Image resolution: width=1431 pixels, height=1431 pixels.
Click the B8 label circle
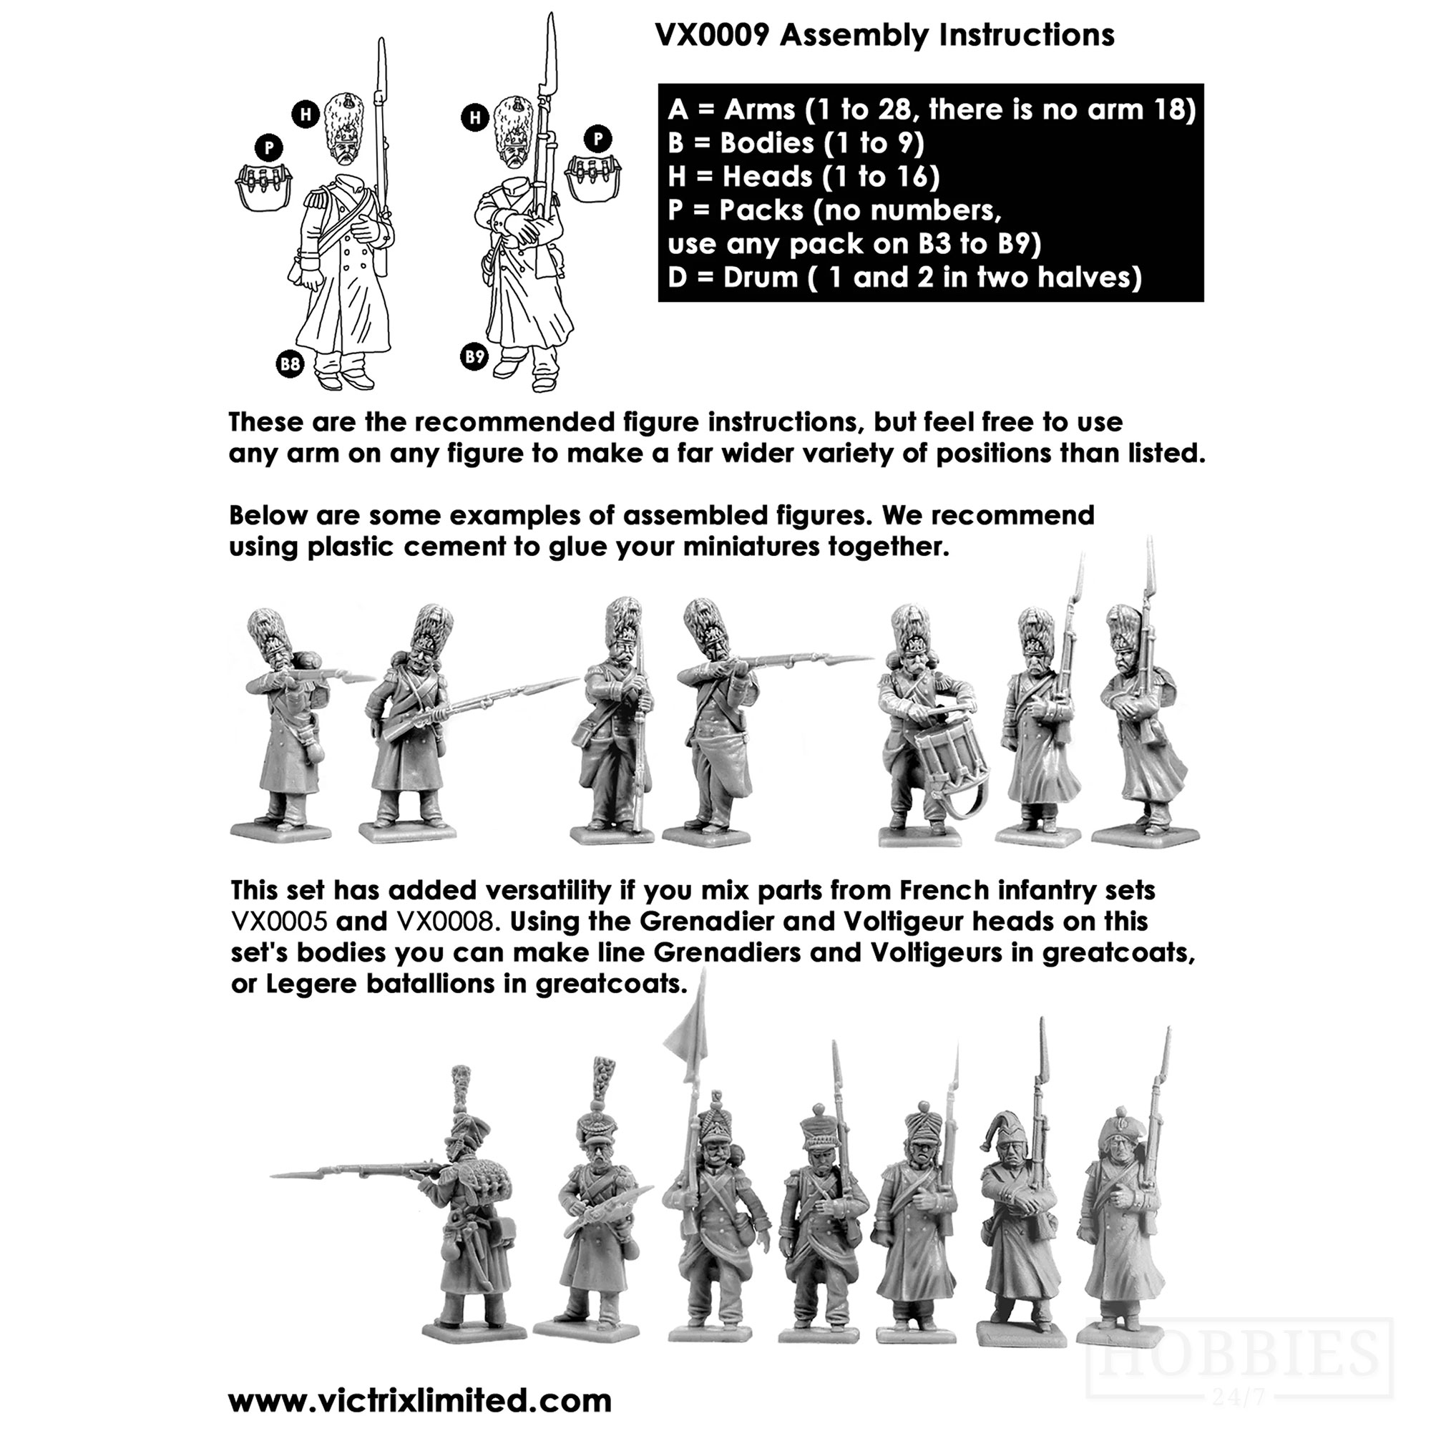[290, 363]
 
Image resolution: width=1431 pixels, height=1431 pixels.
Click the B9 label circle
[474, 357]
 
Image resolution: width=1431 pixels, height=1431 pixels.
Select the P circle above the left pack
[269, 148]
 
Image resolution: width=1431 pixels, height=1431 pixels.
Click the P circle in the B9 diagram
[597, 139]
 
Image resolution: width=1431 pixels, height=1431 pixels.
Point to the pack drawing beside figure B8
[264, 187]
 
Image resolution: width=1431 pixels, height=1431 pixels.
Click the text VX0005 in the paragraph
[279, 922]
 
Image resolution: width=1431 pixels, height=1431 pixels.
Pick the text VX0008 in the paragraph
[446, 922]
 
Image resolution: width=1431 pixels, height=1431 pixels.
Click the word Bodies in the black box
[766, 143]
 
